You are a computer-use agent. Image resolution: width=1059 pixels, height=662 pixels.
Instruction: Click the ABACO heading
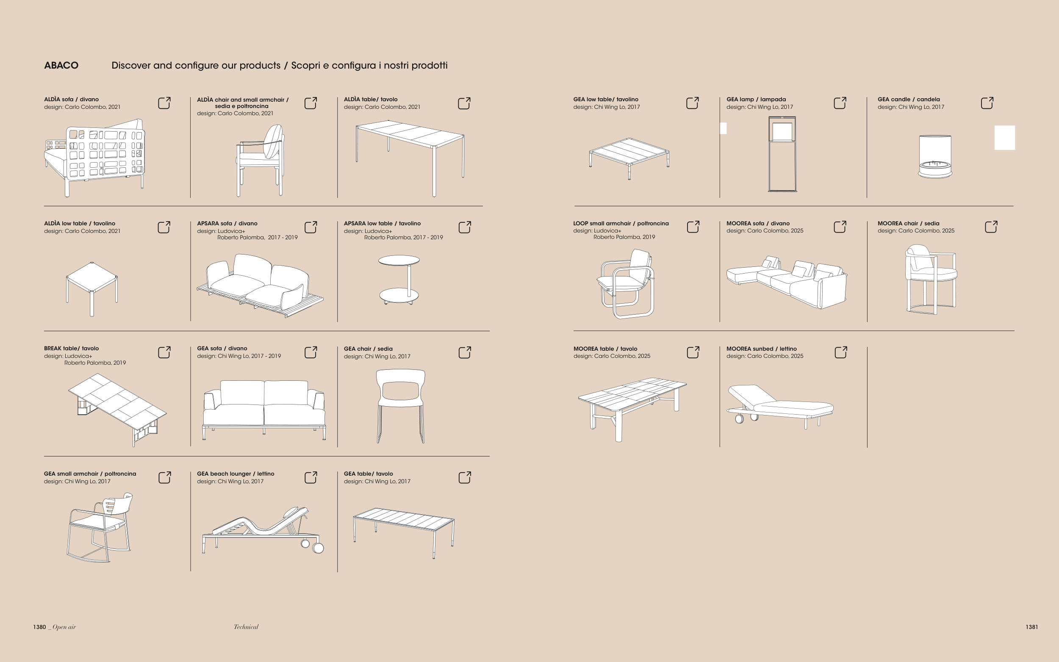(61, 65)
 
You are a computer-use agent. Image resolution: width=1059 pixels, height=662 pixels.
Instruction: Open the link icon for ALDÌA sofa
(164, 103)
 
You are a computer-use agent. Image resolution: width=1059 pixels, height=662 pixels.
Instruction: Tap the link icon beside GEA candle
(987, 103)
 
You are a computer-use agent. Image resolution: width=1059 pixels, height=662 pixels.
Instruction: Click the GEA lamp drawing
(782, 154)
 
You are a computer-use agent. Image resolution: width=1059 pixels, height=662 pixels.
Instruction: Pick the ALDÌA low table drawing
(92, 289)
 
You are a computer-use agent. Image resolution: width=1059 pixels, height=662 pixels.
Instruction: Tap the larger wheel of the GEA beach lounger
(318, 548)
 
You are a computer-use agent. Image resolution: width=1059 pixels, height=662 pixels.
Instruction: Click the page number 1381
(1031, 627)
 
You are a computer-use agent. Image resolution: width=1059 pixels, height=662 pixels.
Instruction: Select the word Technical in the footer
(246, 627)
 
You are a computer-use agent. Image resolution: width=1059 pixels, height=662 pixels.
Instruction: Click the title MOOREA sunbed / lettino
(761, 349)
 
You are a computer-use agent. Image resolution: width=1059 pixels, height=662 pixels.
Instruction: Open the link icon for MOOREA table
(693, 352)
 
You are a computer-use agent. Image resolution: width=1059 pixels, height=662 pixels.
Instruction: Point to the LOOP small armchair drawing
(625, 284)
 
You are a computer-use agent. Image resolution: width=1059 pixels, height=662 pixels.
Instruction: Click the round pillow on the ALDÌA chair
(273, 141)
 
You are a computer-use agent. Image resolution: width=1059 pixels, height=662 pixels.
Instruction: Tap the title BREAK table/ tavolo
(71, 349)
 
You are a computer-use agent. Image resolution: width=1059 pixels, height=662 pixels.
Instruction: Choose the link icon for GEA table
(465, 477)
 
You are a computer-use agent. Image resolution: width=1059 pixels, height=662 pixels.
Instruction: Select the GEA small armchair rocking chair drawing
(100, 528)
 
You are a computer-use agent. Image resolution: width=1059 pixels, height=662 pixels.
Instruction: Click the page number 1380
(39, 627)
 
